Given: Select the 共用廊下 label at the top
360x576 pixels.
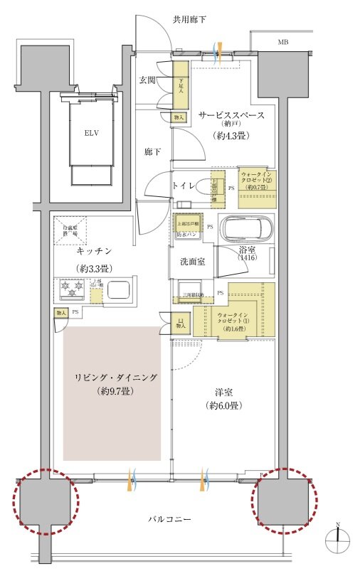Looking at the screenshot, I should (189, 19).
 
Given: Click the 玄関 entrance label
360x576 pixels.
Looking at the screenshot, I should (147, 80).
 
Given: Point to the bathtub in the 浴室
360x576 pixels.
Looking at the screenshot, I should (245, 229).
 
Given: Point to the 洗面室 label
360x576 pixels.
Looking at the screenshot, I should (191, 261).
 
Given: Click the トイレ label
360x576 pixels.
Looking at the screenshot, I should (183, 185).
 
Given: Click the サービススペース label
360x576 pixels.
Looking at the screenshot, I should (232, 114).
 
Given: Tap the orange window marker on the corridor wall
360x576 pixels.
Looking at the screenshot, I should (221, 50).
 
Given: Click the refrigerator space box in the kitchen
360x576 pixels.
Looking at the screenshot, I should (69, 227).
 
